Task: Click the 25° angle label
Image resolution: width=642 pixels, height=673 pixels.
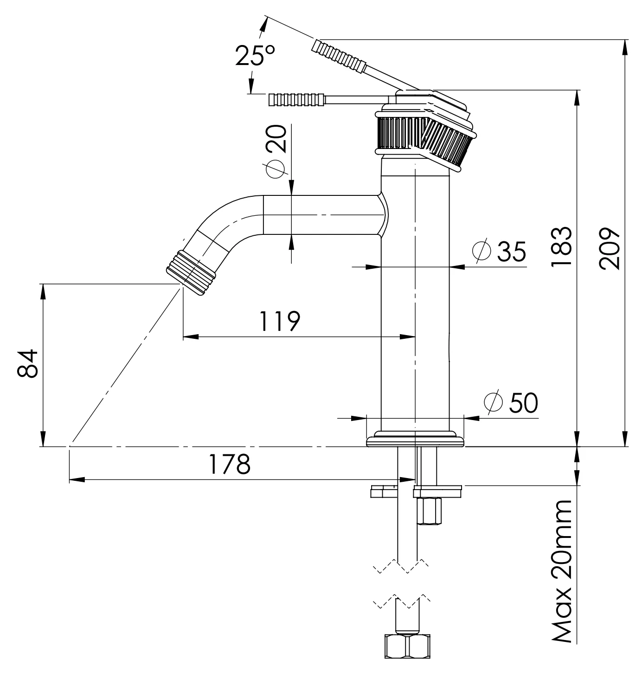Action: [x=255, y=56]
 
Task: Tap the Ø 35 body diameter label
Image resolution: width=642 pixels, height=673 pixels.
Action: [x=499, y=251]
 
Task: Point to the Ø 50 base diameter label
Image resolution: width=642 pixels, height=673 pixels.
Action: [x=511, y=402]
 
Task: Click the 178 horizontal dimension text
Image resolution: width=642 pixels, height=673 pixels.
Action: [x=229, y=464]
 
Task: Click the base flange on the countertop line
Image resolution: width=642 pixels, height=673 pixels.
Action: [x=415, y=441]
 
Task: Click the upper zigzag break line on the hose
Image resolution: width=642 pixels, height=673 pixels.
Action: [x=402, y=565]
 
